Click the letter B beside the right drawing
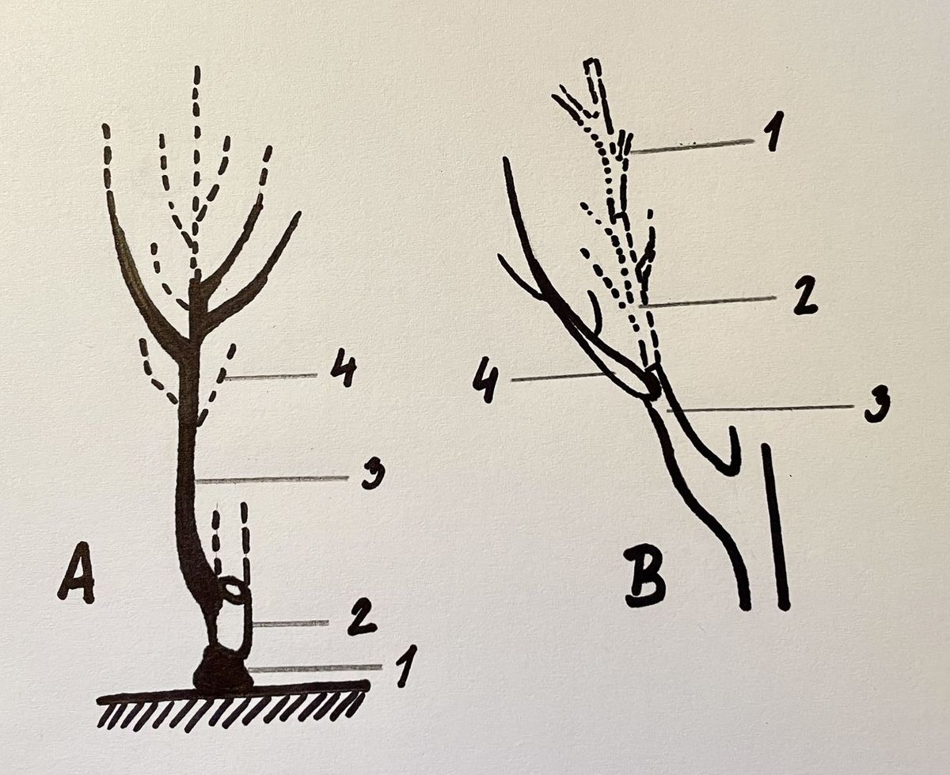click(x=645, y=581)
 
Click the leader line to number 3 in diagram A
click(x=272, y=480)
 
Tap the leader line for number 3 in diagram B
click(x=760, y=408)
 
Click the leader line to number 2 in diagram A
click(x=291, y=624)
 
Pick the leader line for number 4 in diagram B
click(x=564, y=377)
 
